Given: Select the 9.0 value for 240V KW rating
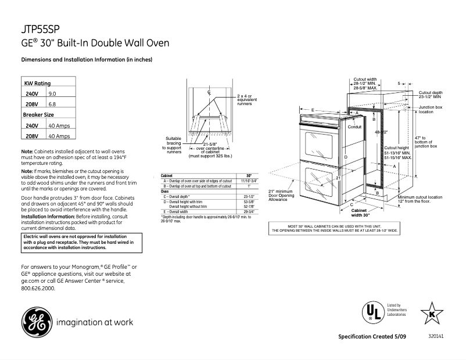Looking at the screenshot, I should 52,93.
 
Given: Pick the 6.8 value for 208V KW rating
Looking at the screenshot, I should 52,104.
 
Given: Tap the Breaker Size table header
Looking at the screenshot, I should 38,115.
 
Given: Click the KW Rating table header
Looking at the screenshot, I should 37,83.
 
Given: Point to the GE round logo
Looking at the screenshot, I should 37,322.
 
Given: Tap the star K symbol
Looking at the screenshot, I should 432,313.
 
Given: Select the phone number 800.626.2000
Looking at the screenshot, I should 38,288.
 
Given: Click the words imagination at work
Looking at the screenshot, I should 95,322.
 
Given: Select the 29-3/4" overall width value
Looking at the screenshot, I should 250,212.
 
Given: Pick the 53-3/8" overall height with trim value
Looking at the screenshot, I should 250,201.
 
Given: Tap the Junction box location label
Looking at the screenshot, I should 431,109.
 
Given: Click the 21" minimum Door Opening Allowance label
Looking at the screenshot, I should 281,196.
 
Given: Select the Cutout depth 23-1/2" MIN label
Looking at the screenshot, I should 431,94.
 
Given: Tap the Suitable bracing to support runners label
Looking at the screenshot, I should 174,145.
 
